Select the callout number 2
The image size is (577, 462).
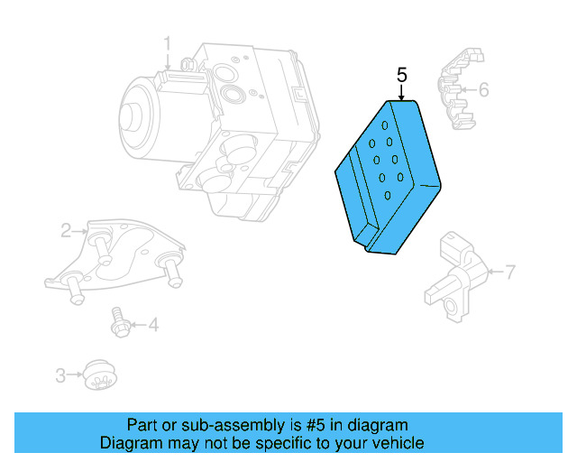(x=67, y=231)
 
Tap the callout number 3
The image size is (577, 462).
(x=60, y=374)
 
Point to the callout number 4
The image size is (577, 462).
(x=153, y=324)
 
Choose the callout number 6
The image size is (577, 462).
(x=483, y=89)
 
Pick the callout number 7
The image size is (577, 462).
(x=510, y=271)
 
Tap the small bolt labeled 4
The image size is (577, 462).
(x=118, y=322)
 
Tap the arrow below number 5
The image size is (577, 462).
(x=402, y=92)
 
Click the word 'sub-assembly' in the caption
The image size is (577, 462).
(x=219, y=425)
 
